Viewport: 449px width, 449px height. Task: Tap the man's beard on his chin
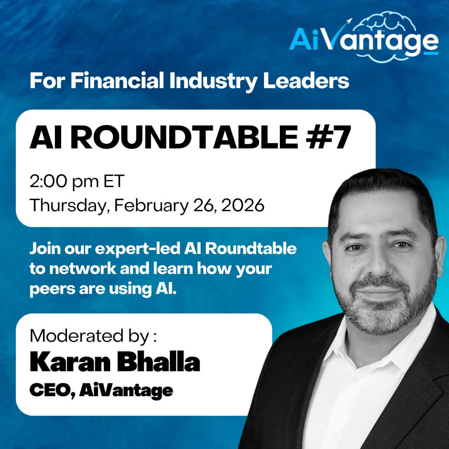tap(382, 320)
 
